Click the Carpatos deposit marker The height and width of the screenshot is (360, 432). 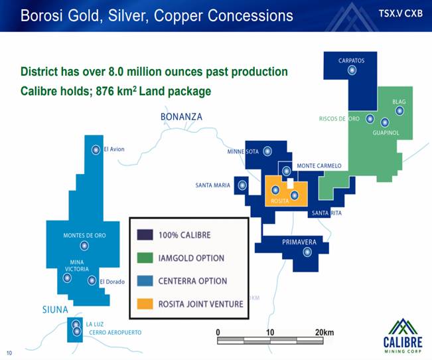pyautogui.click(x=352, y=70)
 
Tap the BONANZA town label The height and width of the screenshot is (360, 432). pyautogui.click(x=181, y=117)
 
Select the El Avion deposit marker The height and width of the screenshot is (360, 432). pyautogui.click(x=96, y=150)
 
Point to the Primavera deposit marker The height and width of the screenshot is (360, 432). pyautogui.click(x=307, y=252)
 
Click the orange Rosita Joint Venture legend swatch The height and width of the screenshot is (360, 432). pyautogui.click(x=145, y=304)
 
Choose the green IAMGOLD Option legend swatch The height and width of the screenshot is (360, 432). pyautogui.click(x=145, y=258)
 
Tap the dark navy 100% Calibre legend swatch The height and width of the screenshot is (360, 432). pyautogui.click(x=145, y=234)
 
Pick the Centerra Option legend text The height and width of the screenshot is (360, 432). pyautogui.click(x=192, y=281)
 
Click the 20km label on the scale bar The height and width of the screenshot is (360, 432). pyautogui.click(x=324, y=332)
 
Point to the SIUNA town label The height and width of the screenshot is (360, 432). pyautogui.click(x=55, y=310)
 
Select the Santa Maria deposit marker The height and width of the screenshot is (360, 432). pyautogui.click(x=242, y=185)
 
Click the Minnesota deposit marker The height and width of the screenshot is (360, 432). pyautogui.click(x=267, y=151)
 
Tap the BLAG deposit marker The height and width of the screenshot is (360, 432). pyautogui.click(x=399, y=111)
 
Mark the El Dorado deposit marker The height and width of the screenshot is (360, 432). pyautogui.click(x=92, y=280)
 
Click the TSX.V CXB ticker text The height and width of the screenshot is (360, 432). pyautogui.click(x=401, y=13)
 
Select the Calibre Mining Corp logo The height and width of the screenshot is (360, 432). pyautogui.click(x=403, y=335)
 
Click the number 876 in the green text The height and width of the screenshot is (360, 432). pyautogui.click(x=105, y=91)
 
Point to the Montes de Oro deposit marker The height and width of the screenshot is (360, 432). pyautogui.click(x=84, y=246)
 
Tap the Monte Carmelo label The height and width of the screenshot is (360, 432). pyautogui.click(x=319, y=166)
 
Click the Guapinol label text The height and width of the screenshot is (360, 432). pyautogui.click(x=386, y=133)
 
